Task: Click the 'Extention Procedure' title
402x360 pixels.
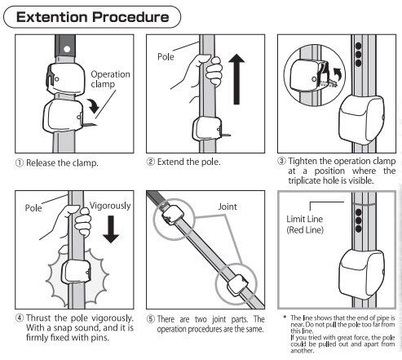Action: click(92, 17)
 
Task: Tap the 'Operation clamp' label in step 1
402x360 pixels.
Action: click(110, 79)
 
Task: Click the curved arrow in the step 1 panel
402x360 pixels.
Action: click(94, 105)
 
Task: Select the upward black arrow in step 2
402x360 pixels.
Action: click(236, 79)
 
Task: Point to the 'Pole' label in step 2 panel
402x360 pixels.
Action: click(166, 56)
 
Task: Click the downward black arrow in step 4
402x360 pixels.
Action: click(111, 229)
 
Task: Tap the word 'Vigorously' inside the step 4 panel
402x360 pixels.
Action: click(110, 206)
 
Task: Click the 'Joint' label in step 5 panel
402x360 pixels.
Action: click(228, 207)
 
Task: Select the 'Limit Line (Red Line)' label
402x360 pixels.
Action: click(305, 224)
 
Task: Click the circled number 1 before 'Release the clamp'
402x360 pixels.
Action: click(20, 163)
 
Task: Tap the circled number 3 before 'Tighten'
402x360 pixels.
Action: click(281, 161)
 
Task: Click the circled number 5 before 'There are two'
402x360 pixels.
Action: click(151, 318)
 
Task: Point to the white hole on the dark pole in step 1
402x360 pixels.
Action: click(66, 49)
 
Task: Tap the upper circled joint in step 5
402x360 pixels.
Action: click(174, 220)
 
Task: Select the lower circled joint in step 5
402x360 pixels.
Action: click(236, 284)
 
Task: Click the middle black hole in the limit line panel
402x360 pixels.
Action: click(358, 220)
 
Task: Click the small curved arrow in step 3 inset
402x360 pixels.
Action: click(338, 74)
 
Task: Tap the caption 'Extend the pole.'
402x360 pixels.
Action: click(188, 162)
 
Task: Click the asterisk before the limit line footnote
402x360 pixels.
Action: click(285, 317)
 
